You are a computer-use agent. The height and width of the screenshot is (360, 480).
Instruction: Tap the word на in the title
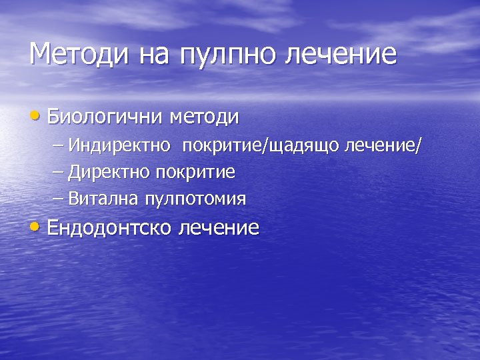click(156, 54)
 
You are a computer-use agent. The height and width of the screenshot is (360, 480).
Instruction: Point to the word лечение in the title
click(341, 54)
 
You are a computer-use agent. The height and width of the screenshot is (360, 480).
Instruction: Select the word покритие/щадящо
click(262, 146)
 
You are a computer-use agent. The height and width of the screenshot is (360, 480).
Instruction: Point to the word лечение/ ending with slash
click(383, 145)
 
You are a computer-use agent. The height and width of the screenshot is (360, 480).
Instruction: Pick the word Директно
click(110, 172)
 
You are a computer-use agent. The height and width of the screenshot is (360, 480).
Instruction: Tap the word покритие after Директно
click(195, 173)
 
